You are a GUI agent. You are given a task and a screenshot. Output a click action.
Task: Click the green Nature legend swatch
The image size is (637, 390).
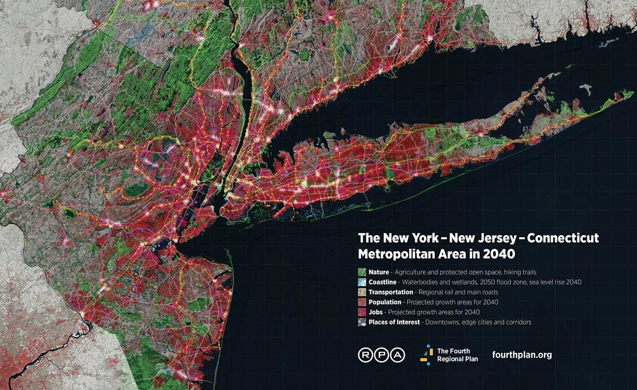pyautogui.click(x=362, y=272)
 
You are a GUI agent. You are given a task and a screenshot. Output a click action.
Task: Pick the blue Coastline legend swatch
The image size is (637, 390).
pyautogui.click(x=362, y=282)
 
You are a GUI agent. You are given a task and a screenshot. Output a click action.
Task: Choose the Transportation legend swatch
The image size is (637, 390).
pyautogui.click(x=362, y=292)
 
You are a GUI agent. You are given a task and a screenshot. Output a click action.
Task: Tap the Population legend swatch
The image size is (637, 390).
pyautogui.click(x=362, y=302)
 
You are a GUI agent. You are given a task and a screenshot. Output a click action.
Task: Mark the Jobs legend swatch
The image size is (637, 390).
pyautogui.click(x=362, y=313)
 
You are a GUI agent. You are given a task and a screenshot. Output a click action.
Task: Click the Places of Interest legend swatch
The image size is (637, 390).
pyautogui.click(x=362, y=323)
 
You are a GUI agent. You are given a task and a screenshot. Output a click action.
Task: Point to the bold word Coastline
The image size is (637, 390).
pyautogui.click(x=384, y=282)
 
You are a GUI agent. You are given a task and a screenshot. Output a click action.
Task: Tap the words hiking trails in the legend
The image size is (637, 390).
pyautogui.click(x=525, y=272)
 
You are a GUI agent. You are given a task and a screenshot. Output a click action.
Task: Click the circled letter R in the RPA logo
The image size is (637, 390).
pyautogui.click(x=366, y=355)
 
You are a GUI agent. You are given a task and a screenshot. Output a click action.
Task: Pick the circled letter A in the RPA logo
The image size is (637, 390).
pyautogui.click(x=398, y=355)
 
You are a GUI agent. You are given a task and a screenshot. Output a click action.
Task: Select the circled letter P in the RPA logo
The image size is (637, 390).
pyautogui.click(x=382, y=355)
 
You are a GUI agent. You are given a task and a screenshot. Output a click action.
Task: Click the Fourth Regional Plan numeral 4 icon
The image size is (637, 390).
pyautogui.click(x=425, y=355)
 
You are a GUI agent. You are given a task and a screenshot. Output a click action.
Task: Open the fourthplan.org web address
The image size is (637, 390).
pyautogui.click(x=522, y=355)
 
